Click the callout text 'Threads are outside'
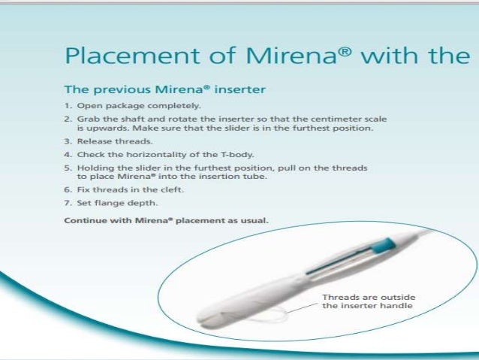coord(369,298)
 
